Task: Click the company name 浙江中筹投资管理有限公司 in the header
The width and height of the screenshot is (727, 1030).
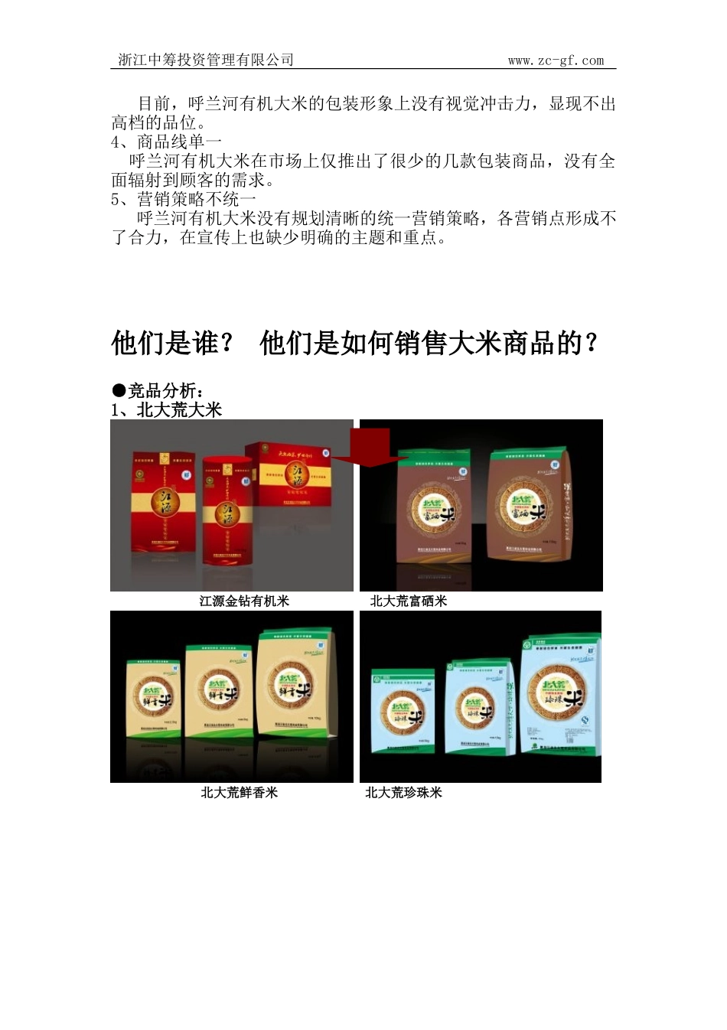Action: [x=207, y=60]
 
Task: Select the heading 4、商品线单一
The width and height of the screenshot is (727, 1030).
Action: [x=167, y=142]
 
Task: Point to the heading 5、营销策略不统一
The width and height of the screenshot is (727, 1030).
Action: [x=184, y=199]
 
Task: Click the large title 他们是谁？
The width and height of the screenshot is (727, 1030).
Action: [x=174, y=343]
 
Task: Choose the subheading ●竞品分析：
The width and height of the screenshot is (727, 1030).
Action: [x=158, y=391]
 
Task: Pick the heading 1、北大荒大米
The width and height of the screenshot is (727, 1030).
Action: [x=167, y=409]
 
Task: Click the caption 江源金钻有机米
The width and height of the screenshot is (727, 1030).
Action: [x=244, y=601]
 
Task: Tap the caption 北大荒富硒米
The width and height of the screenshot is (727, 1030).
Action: [x=408, y=601]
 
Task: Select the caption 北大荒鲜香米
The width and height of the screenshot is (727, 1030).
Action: [x=239, y=792]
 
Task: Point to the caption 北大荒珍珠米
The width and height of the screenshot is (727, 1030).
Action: [x=403, y=792]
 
